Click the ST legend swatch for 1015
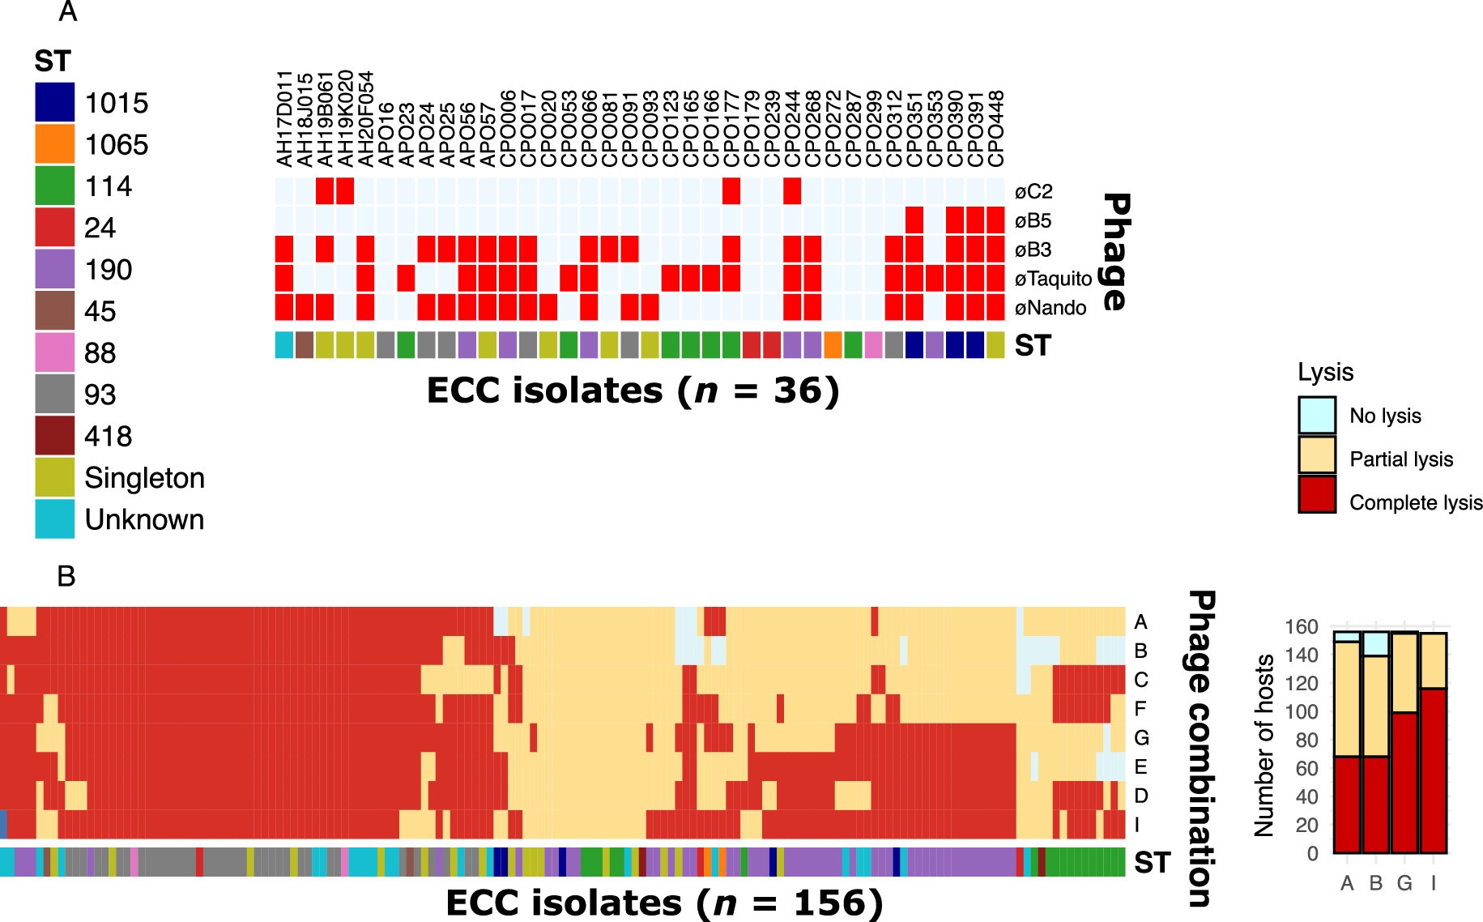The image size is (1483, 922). (54, 103)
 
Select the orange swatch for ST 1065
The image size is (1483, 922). (54, 144)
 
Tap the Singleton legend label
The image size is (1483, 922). (144, 478)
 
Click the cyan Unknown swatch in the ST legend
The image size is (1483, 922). (54, 519)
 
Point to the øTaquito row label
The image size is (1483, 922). (1053, 280)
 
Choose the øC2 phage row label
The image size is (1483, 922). (1033, 193)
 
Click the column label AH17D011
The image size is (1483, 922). (284, 120)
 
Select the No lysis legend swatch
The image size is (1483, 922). (1316, 416)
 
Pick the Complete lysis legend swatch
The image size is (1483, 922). (1316, 494)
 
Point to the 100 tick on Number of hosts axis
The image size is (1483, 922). (1301, 711)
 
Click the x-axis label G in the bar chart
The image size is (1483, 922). (1404, 883)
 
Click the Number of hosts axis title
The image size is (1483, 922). (1264, 744)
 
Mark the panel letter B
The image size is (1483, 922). (66, 576)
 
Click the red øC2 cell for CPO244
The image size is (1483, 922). (792, 191)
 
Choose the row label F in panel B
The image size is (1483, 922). (1140, 709)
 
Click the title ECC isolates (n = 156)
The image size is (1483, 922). (663, 903)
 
